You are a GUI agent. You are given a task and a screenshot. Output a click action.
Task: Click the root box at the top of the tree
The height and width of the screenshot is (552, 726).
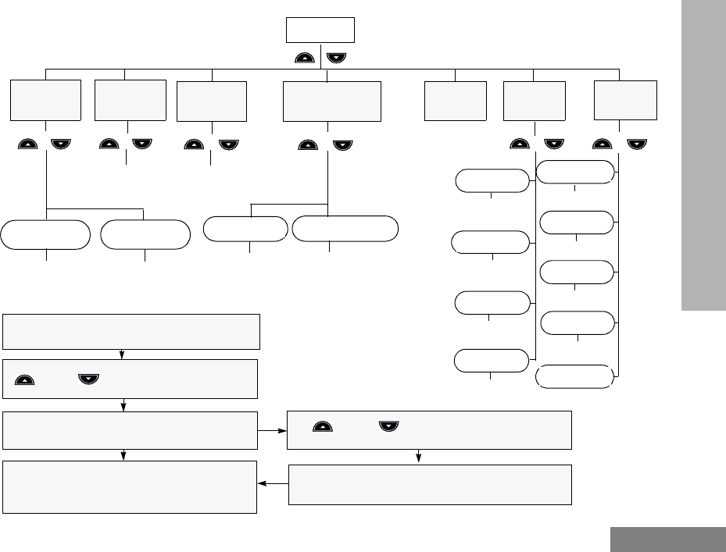click(320, 30)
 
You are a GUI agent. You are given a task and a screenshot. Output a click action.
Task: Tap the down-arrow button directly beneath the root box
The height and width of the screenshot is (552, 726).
click(336, 58)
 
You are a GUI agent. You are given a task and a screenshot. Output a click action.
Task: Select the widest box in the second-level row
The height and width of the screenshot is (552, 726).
click(332, 101)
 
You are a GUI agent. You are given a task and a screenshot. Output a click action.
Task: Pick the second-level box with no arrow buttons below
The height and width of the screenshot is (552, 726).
click(455, 101)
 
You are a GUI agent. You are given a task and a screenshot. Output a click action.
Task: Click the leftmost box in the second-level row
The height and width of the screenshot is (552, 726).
click(46, 100)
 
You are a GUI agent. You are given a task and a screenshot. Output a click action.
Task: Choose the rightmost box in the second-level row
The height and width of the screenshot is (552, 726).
click(625, 99)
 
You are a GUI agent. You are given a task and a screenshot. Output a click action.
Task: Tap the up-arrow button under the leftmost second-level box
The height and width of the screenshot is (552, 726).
click(30, 144)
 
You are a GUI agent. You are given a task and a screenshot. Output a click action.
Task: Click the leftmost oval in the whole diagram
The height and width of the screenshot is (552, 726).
click(45, 235)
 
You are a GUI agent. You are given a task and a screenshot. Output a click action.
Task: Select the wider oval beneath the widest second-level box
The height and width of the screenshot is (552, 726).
click(345, 228)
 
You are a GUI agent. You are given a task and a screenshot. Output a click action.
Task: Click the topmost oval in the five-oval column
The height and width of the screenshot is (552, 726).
click(577, 172)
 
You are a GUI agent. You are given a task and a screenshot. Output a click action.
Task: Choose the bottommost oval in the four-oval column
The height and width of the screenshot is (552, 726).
click(491, 360)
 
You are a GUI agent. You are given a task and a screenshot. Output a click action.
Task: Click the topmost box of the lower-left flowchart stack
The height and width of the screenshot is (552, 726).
click(131, 332)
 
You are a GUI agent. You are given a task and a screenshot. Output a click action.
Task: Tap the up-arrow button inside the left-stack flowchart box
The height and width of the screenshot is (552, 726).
click(25, 379)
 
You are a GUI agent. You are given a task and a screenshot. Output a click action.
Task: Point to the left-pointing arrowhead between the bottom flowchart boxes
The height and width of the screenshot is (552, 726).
click(262, 484)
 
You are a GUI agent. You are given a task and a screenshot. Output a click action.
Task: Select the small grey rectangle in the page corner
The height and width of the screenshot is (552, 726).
click(667, 540)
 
